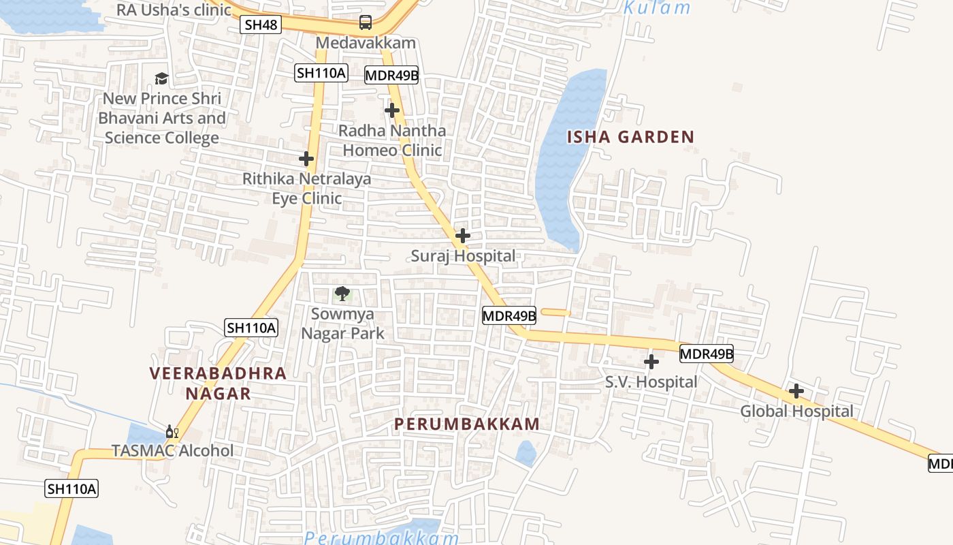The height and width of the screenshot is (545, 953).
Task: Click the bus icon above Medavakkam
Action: (366, 22)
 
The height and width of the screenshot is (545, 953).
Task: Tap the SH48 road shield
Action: (261, 25)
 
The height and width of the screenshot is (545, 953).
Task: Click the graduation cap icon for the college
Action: (161, 79)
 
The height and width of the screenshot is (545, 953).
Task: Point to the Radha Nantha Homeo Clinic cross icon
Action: (392, 110)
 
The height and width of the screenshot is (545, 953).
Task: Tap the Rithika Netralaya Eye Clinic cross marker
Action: (306, 159)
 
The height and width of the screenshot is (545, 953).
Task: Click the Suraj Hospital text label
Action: (463, 256)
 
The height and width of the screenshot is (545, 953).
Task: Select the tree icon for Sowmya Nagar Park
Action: (342, 294)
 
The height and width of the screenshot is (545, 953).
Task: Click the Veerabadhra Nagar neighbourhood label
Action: (218, 383)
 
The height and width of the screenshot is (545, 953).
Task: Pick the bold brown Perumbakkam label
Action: (467, 424)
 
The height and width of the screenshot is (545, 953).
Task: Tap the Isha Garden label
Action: (630, 137)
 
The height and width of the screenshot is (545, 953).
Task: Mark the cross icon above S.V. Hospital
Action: (651, 361)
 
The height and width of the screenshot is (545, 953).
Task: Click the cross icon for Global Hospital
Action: (796, 391)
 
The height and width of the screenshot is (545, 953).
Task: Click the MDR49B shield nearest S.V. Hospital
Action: (707, 354)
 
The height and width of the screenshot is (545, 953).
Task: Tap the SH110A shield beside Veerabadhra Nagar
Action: (251, 328)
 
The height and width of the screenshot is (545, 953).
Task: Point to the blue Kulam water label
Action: (657, 8)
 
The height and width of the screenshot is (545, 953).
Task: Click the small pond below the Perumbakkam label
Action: (525, 453)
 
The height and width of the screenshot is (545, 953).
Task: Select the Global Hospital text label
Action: (796, 411)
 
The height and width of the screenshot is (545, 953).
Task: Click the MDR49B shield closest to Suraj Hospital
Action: (509, 315)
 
